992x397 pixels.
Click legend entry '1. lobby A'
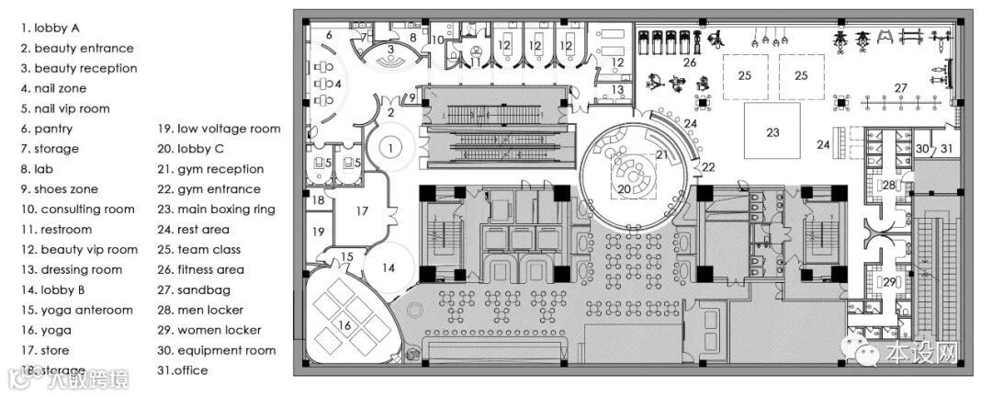(x=57, y=28)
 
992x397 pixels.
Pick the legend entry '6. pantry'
(x=47, y=129)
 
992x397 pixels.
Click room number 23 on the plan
(x=772, y=131)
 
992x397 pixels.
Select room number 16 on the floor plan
(x=345, y=324)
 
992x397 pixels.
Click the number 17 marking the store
(x=362, y=211)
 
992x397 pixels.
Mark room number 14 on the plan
(x=389, y=267)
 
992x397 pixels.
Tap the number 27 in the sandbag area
(x=901, y=88)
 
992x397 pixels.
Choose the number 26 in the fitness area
(x=689, y=62)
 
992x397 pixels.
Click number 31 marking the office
(x=947, y=149)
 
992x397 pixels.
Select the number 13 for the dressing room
(x=618, y=90)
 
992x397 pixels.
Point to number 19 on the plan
(x=318, y=232)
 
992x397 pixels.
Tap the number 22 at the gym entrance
(x=708, y=166)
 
